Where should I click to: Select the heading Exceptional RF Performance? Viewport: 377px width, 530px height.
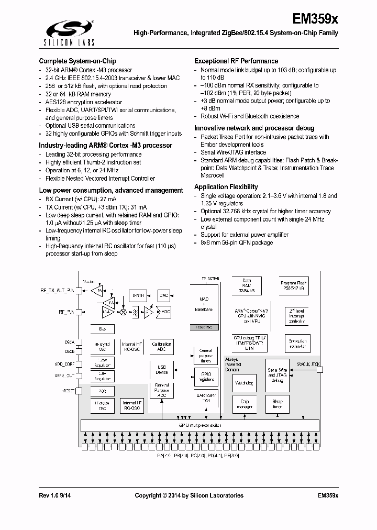coord(236,61)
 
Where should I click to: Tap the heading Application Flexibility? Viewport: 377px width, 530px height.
coord(226,187)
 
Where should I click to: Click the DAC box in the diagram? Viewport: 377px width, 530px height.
coord(164,295)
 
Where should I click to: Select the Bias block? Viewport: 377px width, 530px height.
coord(103,329)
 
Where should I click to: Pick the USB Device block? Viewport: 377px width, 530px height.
coord(162,370)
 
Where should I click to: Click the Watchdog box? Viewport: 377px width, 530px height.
coord(244,383)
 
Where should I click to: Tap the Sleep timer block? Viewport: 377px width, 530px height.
coord(277,404)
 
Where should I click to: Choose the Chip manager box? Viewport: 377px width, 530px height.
coord(244,404)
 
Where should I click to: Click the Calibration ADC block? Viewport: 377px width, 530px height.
coord(162,347)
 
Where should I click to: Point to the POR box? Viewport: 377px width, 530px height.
coord(103,391)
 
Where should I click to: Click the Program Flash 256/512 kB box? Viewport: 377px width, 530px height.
coord(293,286)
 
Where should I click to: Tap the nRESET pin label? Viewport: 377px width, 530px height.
coord(69,391)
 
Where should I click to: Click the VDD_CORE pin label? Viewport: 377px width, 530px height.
coord(65,363)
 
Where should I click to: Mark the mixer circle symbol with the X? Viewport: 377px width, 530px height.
coord(123,312)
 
